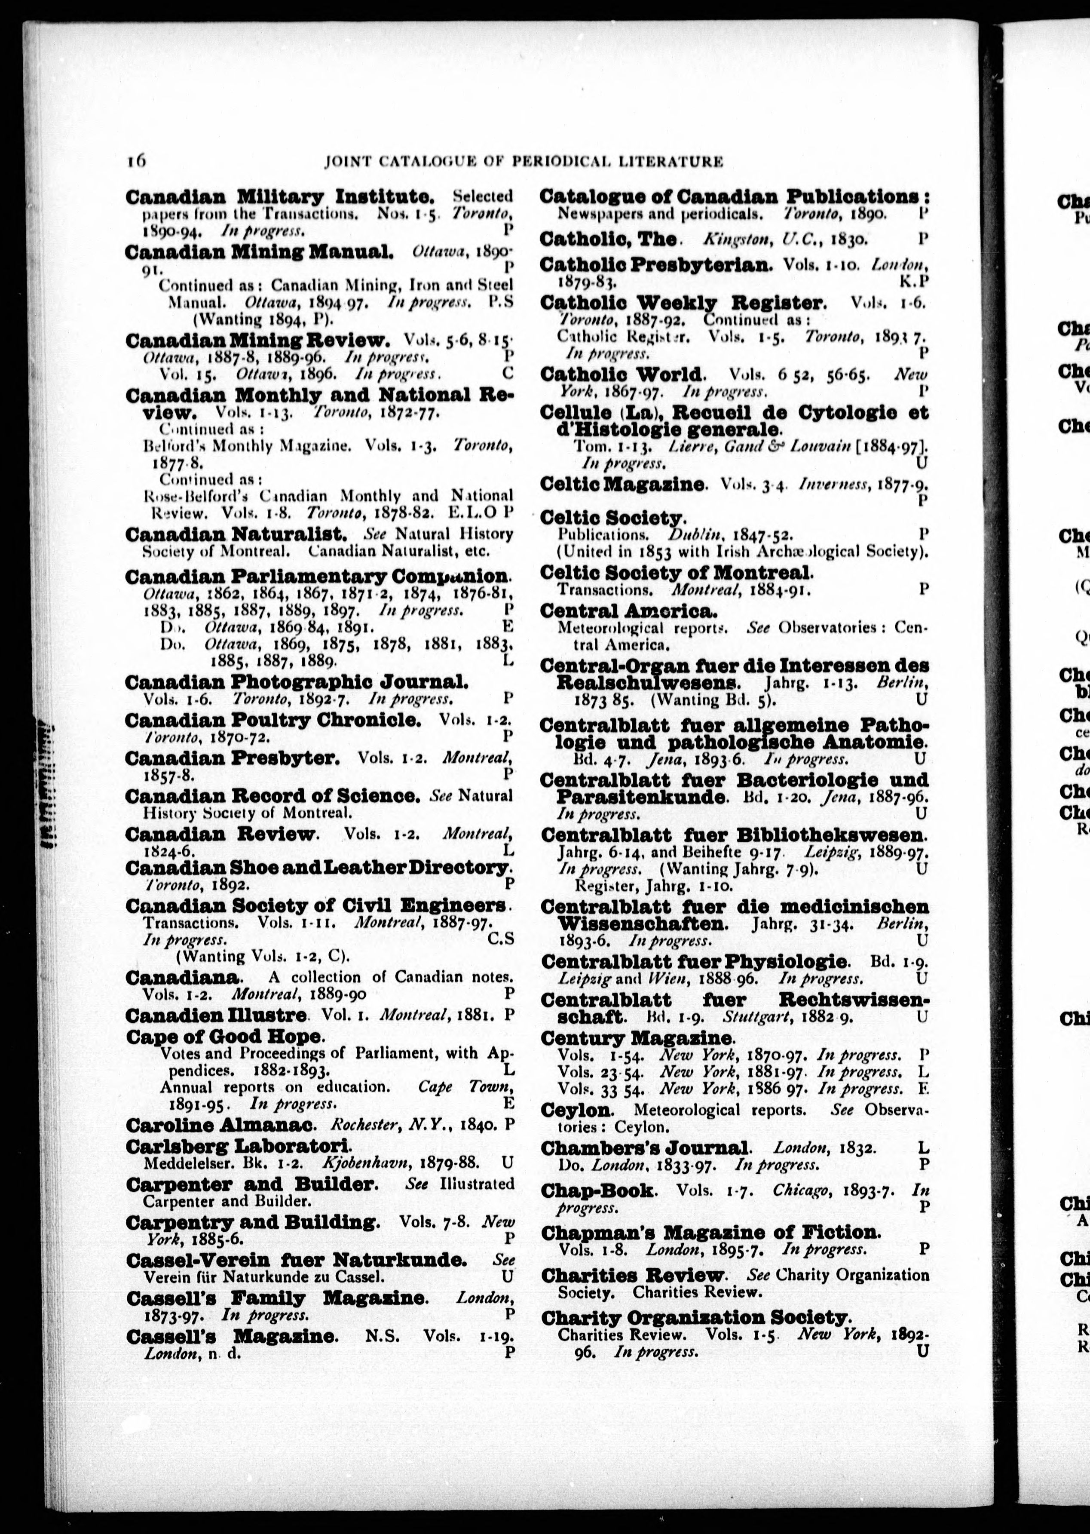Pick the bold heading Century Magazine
click(636, 1038)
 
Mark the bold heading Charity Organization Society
click(696, 1317)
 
